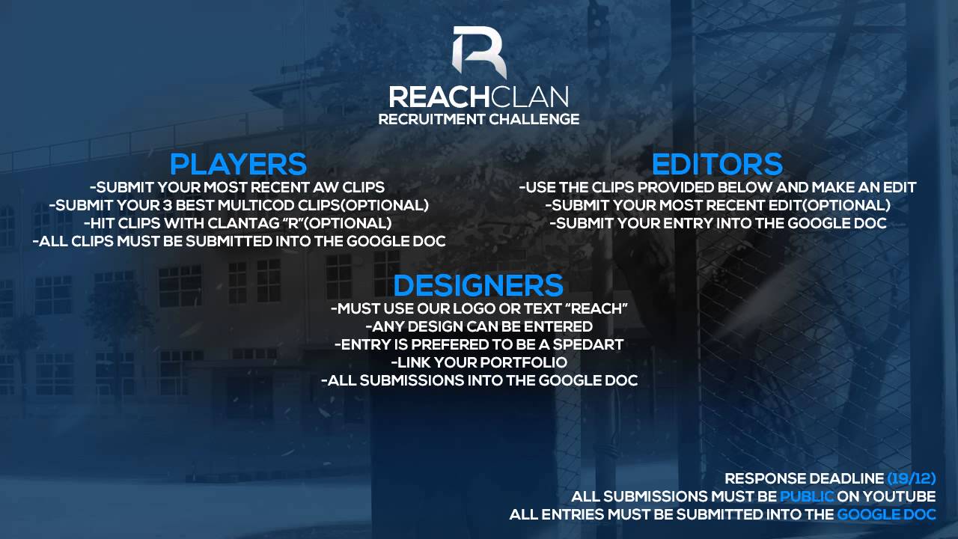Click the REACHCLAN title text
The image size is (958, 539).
[x=479, y=97]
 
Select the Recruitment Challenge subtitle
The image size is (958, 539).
[x=479, y=119]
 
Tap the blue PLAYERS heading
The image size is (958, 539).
[x=238, y=164]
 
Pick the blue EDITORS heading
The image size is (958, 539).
[x=717, y=164]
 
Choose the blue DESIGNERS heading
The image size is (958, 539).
[x=478, y=285]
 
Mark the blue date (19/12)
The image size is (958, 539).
[x=912, y=478]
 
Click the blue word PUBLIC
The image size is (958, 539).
[x=807, y=496]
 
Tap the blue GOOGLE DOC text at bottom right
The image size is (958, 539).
[x=886, y=514]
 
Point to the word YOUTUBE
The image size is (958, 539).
[x=899, y=496]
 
